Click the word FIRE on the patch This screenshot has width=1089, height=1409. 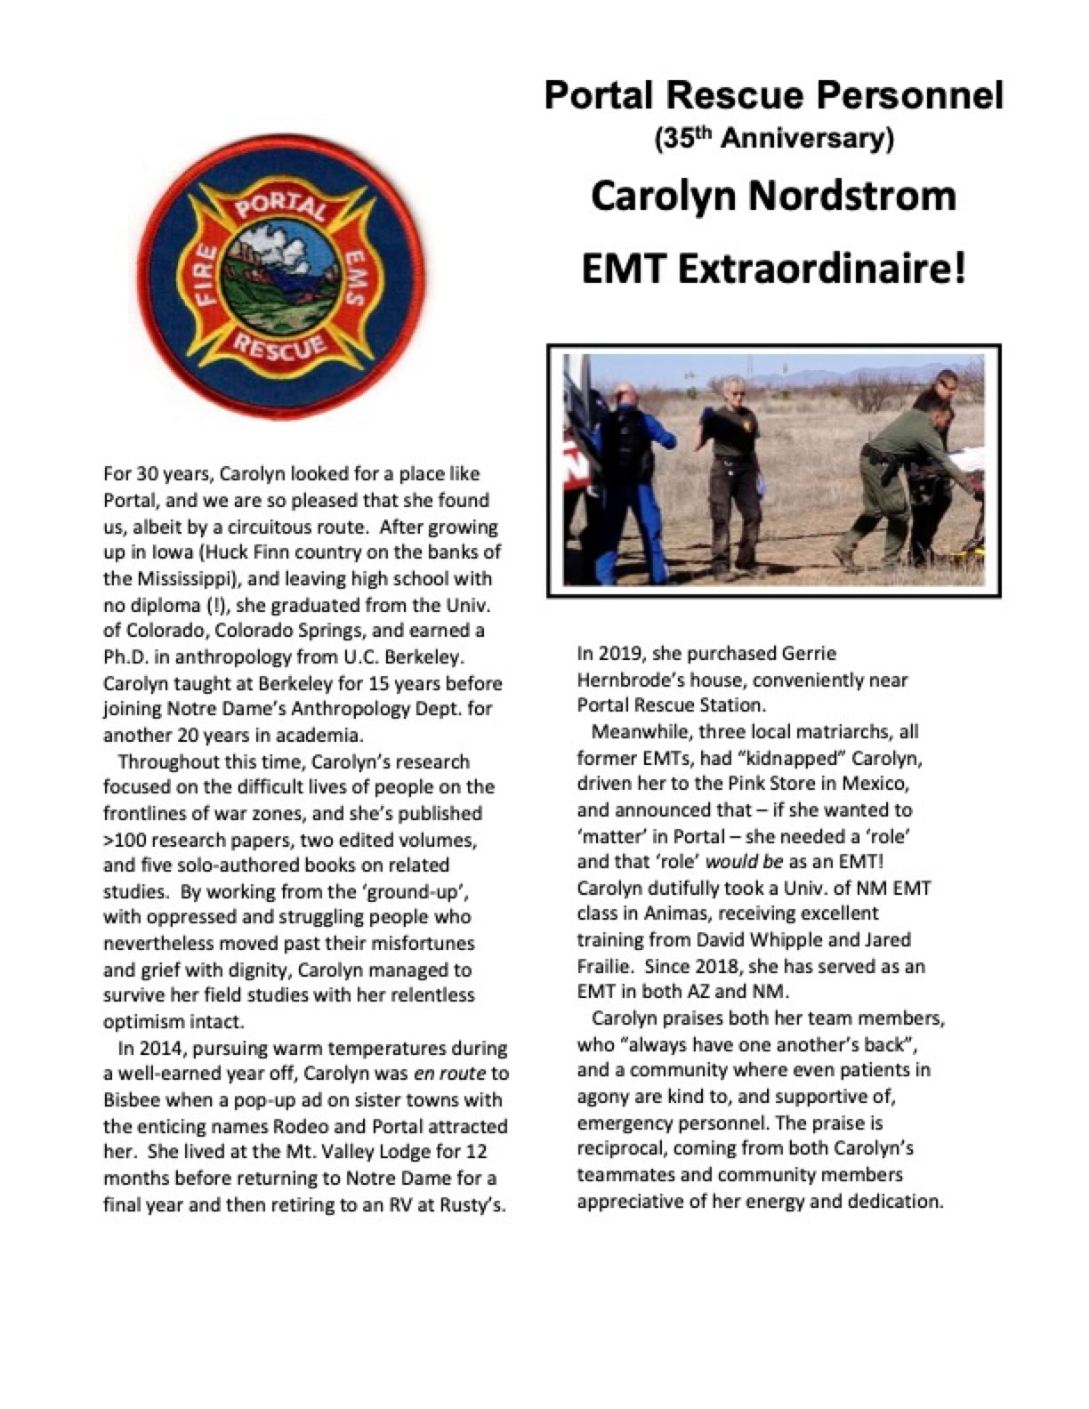206,277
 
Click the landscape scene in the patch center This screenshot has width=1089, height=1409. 280,267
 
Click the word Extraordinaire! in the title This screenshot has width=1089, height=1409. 822,268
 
